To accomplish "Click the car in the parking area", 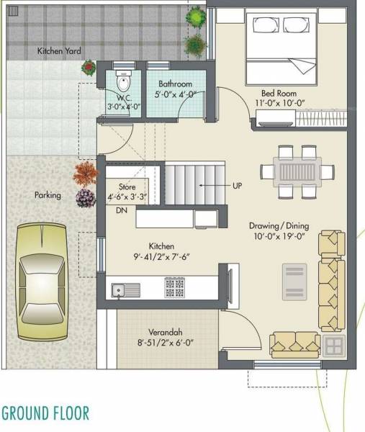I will coord(45,282).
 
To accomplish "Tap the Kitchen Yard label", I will coord(59,51).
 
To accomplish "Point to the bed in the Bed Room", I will coord(279,47).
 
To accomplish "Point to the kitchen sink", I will coord(127,290).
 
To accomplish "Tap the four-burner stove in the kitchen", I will coord(174,288).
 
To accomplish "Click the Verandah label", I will coord(161,332).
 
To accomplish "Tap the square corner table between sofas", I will coord(333,346).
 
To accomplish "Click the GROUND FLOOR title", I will coord(45,413).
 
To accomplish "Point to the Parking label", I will coord(48,195).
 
